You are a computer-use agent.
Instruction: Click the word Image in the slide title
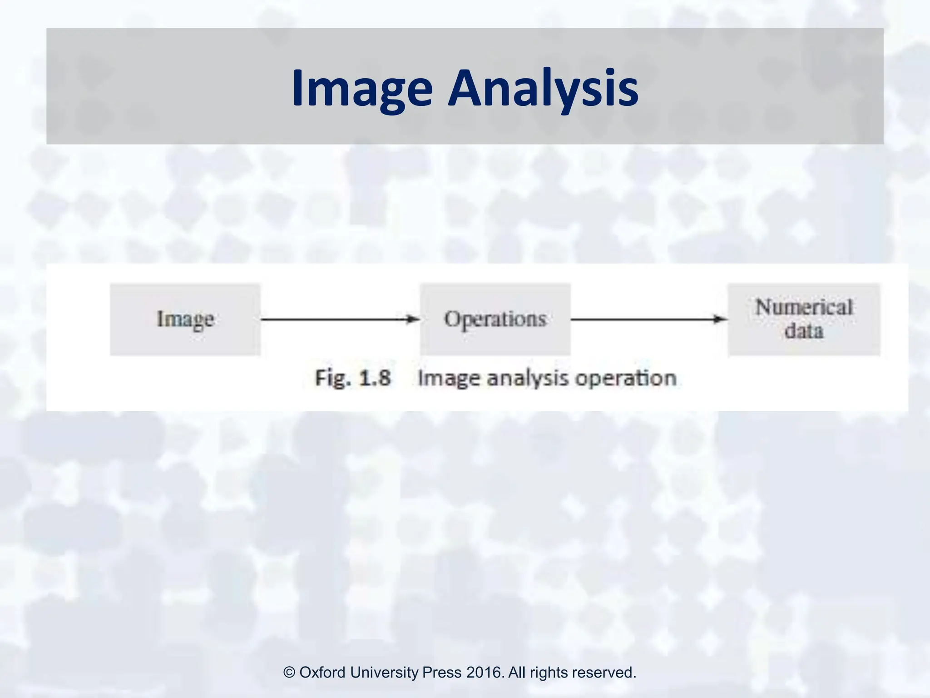click(362, 89)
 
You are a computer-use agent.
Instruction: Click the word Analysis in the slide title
click(543, 89)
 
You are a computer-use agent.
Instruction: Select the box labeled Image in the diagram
click(185, 319)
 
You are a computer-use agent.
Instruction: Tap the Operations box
click(495, 319)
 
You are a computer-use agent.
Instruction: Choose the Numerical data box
click(804, 319)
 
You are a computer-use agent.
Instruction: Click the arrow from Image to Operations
click(336, 319)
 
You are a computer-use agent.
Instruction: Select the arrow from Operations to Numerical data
click(645, 319)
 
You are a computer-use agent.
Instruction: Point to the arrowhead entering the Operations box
click(413, 319)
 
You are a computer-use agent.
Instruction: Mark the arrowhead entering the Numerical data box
click(721, 319)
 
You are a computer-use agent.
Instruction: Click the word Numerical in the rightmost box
click(804, 308)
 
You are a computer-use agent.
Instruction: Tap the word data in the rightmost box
click(804, 331)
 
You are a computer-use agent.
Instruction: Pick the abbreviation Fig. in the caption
click(332, 378)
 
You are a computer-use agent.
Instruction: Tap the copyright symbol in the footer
click(289, 673)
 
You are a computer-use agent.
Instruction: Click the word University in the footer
click(384, 673)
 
